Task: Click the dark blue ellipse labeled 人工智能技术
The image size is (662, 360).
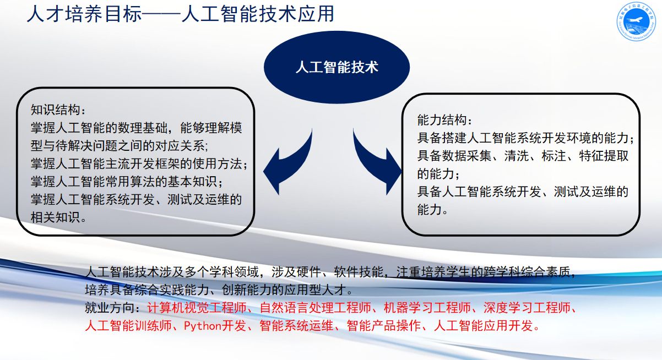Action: click(337, 67)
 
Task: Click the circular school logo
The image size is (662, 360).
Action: click(636, 21)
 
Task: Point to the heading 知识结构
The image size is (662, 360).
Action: click(55, 110)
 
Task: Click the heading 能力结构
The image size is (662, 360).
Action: click(442, 120)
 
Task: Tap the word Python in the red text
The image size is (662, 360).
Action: click(203, 326)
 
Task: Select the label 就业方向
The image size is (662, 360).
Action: click(110, 308)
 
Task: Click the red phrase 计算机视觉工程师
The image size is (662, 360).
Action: click(197, 308)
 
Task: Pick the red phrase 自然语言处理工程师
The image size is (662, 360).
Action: click(316, 308)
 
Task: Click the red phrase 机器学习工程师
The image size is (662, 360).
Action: click(427, 308)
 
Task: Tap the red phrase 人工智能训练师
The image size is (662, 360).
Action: click(128, 326)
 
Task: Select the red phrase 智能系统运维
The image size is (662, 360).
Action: click(296, 326)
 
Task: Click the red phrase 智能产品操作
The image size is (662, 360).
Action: click(384, 326)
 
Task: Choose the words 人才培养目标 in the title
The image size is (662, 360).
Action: click(84, 14)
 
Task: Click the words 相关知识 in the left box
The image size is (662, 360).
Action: click(55, 217)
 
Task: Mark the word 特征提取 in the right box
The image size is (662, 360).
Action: click(604, 156)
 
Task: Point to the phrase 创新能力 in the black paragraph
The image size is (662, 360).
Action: click(246, 290)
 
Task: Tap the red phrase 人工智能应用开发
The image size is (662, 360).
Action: click(484, 326)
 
